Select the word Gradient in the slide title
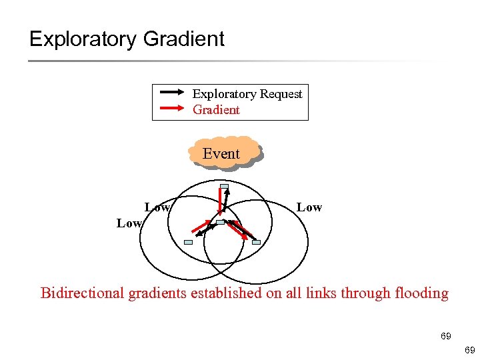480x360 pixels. tap(184, 39)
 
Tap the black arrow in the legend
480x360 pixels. tap(175, 94)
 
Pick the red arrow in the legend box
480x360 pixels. tap(175, 109)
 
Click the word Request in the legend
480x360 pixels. tap(279, 94)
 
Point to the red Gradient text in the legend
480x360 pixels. tap(216, 109)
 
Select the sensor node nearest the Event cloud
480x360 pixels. tap(225, 186)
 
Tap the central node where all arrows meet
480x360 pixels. tap(220, 221)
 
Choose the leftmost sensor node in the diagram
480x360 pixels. tap(188, 242)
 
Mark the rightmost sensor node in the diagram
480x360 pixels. tap(256, 242)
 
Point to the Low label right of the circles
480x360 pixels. tap(309, 207)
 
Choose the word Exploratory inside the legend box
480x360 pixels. tap(223, 94)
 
